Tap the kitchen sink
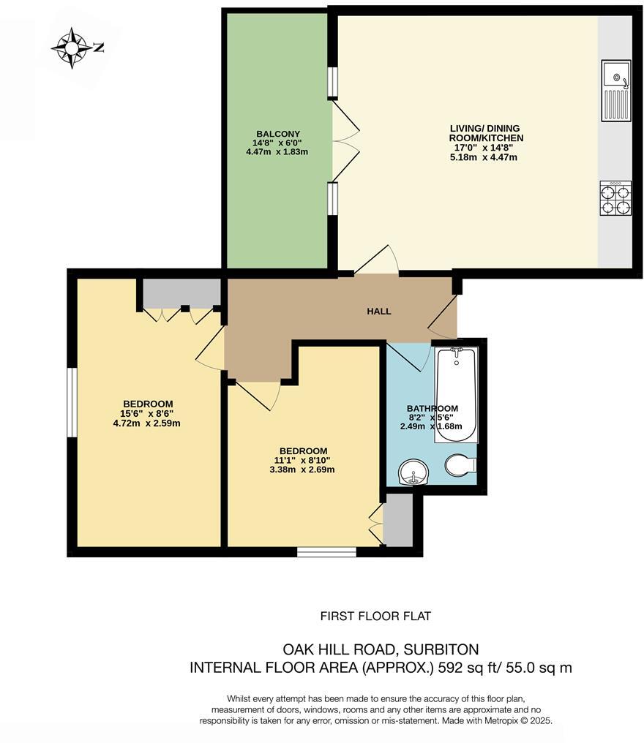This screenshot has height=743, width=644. (615, 91)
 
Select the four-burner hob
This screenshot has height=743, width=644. (615, 198)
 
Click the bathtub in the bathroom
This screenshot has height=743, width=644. (455, 395)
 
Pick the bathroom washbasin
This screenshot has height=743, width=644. (413, 472)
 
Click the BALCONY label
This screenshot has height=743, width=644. (277, 132)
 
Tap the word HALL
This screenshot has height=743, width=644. (378, 311)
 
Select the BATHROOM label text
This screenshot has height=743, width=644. (432, 409)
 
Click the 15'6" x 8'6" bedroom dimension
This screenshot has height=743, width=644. (147, 413)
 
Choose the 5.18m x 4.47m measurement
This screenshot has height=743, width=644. (483, 156)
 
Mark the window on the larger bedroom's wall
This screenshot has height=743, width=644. (72, 402)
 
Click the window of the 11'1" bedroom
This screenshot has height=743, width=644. (326, 551)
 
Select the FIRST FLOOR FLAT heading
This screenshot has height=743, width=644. (375, 616)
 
